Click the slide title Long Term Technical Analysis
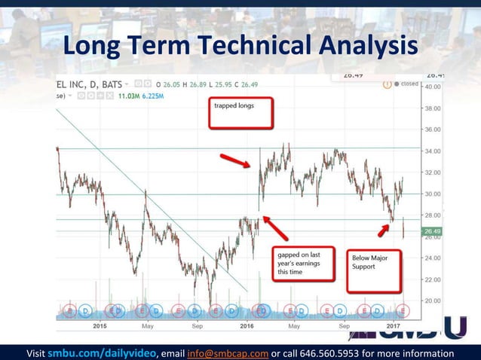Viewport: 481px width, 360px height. click(x=240, y=47)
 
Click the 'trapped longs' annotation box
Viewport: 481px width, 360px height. click(x=240, y=113)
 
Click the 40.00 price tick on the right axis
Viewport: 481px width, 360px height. click(x=432, y=87)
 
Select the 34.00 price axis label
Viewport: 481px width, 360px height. click(x=432, y=151)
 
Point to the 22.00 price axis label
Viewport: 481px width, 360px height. click(x=432, y=279)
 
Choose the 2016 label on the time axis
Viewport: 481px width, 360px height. click(x=247, y=326)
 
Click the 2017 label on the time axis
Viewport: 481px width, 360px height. click(x=393, y=326)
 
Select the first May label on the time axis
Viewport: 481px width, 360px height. click(x=147, y=326)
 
